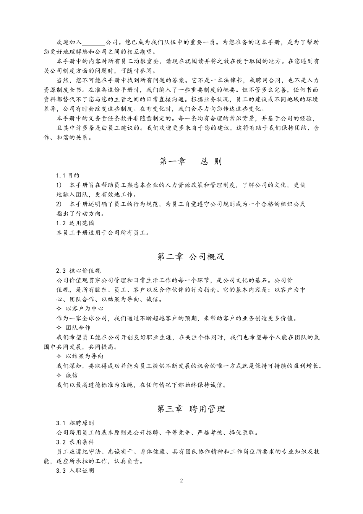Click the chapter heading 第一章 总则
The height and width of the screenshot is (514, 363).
pos(190,161)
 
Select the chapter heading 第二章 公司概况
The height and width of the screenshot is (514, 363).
pos(191,257)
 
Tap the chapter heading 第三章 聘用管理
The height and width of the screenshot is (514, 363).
pos(191,409)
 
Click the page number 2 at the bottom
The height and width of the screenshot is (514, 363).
pos(181,481)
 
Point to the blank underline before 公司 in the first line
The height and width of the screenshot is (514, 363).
pos(94,42)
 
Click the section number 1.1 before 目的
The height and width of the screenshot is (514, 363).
pos(61,176)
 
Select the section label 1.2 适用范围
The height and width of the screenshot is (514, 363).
pos(75,223)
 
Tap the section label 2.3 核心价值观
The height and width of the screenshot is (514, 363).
pos(78,271)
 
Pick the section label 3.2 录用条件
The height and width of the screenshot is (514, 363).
pos(75,442)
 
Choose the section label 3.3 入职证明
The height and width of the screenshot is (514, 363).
pos(75,471)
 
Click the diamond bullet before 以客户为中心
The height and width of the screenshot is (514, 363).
pos(58,308)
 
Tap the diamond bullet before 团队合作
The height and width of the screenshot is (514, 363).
pos(58,327)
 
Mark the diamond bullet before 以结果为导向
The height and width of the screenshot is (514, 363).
pos(58,356)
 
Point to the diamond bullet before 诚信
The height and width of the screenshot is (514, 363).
pos(58,375)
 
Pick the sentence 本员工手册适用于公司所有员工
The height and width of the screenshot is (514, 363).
pos(103,233)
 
